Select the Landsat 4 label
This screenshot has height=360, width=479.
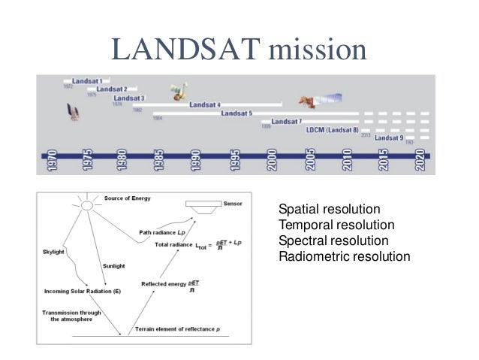point(204,105)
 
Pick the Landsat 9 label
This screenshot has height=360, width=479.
point(389,138)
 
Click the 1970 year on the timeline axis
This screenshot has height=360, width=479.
point(51,162)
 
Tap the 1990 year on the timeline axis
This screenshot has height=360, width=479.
point(197,162)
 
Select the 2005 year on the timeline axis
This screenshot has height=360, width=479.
point(309,162)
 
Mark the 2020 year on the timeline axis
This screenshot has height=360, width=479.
point(420,162)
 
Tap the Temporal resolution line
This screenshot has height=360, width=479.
point(336,225)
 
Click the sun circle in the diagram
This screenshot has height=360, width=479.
point(87,205)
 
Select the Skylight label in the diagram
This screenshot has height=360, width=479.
point(57,253)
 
